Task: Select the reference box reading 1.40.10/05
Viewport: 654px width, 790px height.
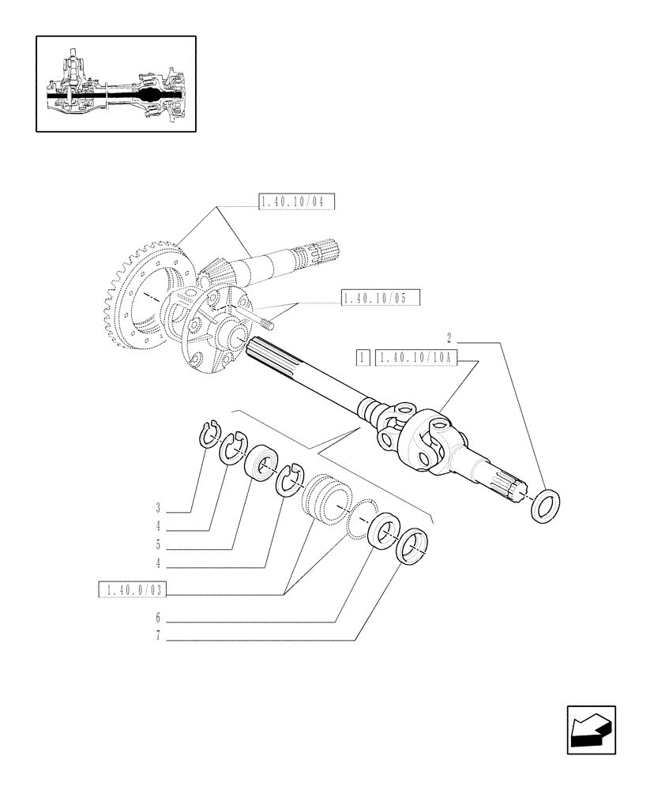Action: (x=380, y=298)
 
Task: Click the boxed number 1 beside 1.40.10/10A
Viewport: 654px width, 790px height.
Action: (x=363, y=357)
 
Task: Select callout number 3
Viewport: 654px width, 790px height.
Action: (x=158, y=507)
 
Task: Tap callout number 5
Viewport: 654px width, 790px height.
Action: (x=158, y=545)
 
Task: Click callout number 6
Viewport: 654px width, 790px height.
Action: (x=158, y=618)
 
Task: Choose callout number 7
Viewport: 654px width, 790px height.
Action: (x=158, y=637)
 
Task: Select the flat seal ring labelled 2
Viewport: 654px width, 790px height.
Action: (x=544, y=505)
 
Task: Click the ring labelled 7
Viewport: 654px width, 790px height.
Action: (x=412, y=547)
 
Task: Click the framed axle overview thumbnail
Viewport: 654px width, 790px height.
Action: (x=115, y=84)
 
